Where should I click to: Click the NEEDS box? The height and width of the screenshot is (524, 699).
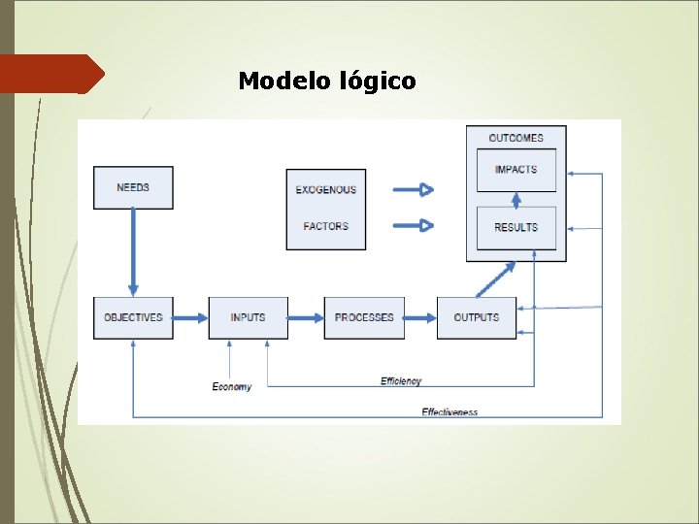(133, 187)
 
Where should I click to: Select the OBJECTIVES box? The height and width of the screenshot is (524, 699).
(133, 317)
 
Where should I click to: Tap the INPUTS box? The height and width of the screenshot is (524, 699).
(248, 317)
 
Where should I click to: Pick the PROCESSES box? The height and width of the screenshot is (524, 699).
(364, 317)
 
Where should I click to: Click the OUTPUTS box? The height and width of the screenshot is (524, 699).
(476, 317)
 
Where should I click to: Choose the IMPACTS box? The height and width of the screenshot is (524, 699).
(516, 170)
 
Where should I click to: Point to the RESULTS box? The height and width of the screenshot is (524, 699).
(516, 228)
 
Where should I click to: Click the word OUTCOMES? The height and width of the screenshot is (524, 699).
(516, 138)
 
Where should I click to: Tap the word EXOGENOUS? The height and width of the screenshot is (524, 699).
(326, 190)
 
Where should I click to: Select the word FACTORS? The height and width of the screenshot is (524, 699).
(326, 226)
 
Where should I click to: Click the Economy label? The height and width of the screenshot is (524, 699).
(232, 386)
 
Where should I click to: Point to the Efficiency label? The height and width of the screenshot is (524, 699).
(401, 381)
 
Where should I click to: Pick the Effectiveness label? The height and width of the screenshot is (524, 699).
(449, 412)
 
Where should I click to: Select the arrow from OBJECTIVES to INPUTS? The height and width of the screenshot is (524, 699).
(190, 317)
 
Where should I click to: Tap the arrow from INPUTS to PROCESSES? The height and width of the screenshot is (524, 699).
(305, 317)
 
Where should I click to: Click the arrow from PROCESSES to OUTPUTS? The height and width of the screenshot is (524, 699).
(420, 317)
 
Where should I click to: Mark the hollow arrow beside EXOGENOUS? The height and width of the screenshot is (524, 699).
(413, 189)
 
